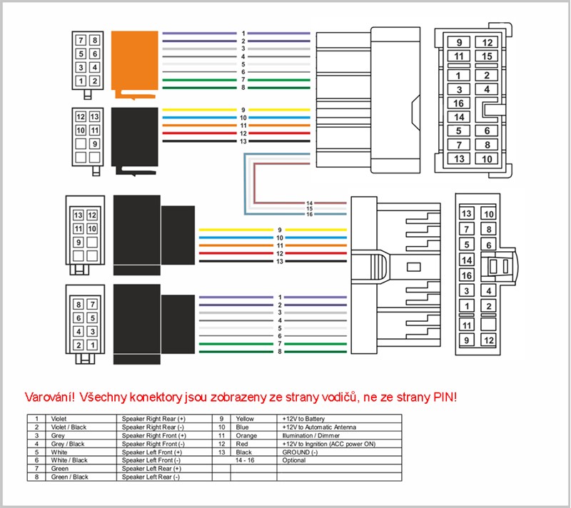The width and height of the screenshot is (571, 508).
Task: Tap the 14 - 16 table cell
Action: point(246,460)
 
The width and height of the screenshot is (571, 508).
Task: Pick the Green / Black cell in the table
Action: point(67,477)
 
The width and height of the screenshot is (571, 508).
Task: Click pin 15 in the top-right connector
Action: point(487,56)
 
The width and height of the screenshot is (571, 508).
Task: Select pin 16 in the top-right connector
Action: point(459,103)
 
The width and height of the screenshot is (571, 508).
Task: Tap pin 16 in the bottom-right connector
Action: point(467,275)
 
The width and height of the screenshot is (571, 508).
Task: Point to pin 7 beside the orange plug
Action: point(81,40)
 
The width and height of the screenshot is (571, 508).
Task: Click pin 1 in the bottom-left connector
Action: point(94,345)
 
